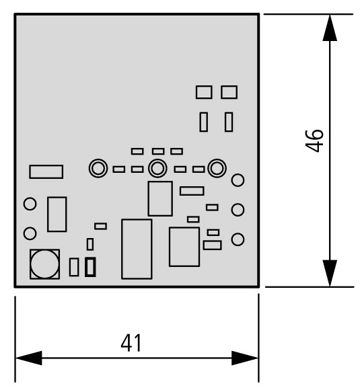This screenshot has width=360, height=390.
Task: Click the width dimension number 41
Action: coord(131,343)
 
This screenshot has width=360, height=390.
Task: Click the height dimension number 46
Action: coord(314,141)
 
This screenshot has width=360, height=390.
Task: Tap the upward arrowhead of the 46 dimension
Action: coord(330,28)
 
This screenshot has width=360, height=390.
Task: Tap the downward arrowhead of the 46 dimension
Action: coord(330,274)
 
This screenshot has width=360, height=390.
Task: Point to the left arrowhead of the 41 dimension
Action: coord(29,358)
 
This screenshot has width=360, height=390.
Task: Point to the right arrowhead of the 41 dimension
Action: coord(245,358)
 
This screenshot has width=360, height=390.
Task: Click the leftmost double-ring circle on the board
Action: coord(98,168)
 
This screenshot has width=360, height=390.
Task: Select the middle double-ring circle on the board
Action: coord(157,168)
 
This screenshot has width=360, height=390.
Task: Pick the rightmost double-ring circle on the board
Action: coord(217,168)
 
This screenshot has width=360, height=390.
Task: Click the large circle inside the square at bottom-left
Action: coord(44,264)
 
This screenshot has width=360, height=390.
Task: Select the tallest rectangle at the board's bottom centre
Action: coord(137,249)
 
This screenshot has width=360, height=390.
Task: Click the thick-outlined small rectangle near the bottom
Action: coord(90,267)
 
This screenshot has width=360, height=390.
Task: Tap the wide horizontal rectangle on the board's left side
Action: coord(46,171)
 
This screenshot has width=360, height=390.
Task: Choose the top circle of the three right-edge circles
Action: coord(238,180)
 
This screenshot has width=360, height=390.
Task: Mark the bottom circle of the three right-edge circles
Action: coord(238,239)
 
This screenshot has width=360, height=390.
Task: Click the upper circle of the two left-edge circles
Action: coord(30,204)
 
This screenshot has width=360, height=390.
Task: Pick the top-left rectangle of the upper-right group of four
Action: coord(204,92)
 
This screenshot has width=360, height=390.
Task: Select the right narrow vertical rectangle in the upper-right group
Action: coord(229,122)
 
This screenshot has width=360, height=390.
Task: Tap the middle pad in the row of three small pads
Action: coord(158,151)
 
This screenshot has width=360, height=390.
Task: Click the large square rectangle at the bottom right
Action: coord(184,247)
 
